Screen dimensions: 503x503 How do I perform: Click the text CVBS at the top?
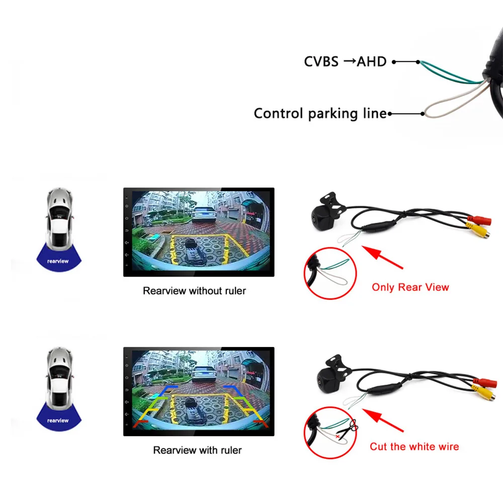(321, 61)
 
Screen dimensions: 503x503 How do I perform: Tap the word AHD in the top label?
(372, 61)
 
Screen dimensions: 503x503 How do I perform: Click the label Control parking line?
(320, 114)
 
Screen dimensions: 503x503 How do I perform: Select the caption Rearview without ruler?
(194, 291)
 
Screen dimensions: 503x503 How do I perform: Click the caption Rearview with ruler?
(197, 450)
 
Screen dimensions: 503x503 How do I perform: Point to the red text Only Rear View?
(410, 287)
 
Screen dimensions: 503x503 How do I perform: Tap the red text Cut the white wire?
(414, 447)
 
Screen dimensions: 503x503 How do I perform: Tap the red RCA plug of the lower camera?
(485, 383)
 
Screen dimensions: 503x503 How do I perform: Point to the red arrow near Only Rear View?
(382, 257)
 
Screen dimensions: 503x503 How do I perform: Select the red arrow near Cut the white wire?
(383, 420)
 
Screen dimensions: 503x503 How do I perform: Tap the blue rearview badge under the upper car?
(58, 258)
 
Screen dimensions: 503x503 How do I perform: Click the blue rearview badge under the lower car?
(58, 417)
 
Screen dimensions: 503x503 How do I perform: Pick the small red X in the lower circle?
(338, 437)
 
